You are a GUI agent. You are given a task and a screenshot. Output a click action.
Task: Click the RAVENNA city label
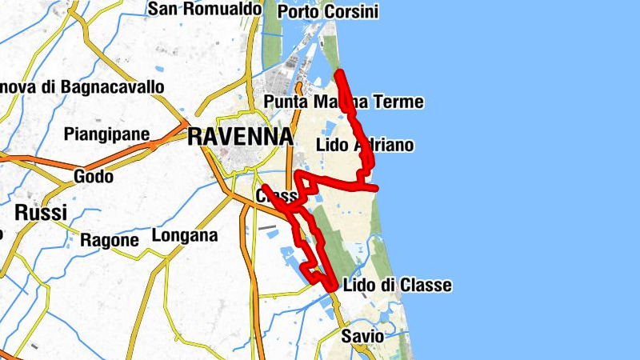(239, 137)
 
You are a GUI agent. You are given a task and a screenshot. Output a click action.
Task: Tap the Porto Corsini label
(326, 11)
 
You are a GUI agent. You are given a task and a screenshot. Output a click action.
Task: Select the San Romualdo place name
(206, 9)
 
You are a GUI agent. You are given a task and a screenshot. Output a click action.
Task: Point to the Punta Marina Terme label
(343, 102)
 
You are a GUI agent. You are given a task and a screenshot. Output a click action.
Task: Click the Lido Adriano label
(365, 145)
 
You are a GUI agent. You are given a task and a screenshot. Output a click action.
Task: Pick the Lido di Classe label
(397, 286)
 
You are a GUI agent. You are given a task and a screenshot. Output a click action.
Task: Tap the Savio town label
(362, 336)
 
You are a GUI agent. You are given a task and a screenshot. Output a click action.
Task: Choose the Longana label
(185, 236)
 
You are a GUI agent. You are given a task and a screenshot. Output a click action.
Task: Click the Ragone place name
(110, 239)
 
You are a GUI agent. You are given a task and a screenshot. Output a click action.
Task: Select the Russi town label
(40, 213)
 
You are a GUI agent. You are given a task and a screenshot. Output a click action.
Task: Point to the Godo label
(93, 176)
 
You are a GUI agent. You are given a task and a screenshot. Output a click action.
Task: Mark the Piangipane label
(107, 134)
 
